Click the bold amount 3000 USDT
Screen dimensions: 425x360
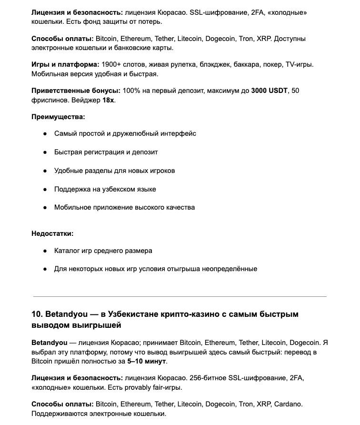pyautogui.click(x=269, y=91)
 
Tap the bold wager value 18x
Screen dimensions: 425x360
pyautogui.click(x=108, y=100)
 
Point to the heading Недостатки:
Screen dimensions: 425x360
pyautogui.click(x=52, y=233)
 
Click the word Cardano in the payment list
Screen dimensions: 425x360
pyautogui.click(x=288, y=404)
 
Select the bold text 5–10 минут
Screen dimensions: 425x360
pyautogui.click(x=147, y=361)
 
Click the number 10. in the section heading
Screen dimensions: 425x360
pyautogui.click(x=38, y=314)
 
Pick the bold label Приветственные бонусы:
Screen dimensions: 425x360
pyautogui.click(x=76, y=91)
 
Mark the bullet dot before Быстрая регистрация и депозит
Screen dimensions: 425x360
pyautogui.click(x=45, y=152)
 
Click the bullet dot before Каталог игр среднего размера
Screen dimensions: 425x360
pyautogui.click(x=45, y=251)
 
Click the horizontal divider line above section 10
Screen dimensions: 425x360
pyautogui.click(x=180, y=296)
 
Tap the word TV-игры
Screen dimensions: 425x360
pyautogui.click(x=300, y=64)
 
